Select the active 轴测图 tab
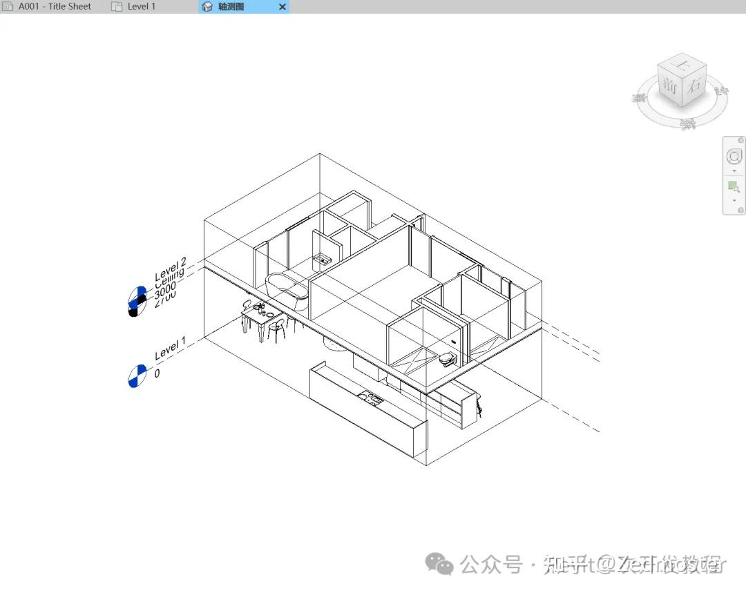pos(232,6)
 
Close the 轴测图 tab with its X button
pos(282,7)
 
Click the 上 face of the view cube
pos(682,66)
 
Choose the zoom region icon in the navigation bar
pos(734,187)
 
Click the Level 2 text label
pos(170,266)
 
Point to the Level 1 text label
pos(170,349)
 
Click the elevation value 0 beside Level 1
pos(157,373)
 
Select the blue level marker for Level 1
pos(137,375)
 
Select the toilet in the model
pos(448,359)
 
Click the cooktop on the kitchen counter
pos(370,398)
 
